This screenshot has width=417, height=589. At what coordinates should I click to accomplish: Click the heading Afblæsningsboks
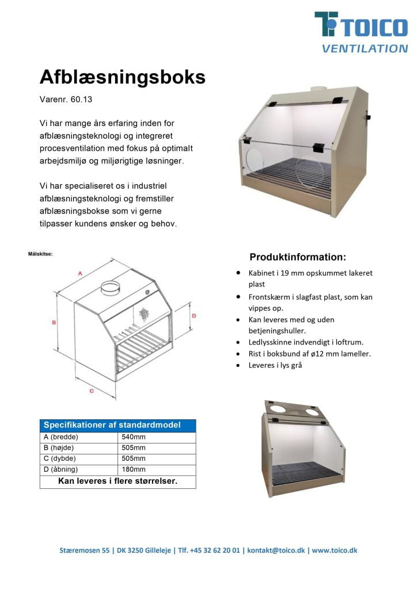click(x=122, y=78)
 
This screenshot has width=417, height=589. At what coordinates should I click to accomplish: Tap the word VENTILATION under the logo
click(x=365, y=49)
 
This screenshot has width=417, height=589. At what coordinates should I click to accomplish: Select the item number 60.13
click(x=81, y=100)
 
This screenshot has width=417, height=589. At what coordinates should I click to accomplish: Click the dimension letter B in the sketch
click(x=54, y=323)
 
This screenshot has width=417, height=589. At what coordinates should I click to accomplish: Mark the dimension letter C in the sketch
click(x=92, y=391)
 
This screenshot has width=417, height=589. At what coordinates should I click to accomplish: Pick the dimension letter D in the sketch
click(x=194, y=316)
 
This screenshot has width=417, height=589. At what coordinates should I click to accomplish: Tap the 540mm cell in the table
click(x=134, y=437)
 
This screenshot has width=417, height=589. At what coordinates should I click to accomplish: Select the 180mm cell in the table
click(x=134, y=469)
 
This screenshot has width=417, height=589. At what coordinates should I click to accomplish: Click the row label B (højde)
click(x=59, y=448)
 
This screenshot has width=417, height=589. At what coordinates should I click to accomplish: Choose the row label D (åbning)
click(x=62, y=469)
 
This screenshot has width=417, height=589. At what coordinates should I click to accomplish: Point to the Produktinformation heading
click(x=297, y=257)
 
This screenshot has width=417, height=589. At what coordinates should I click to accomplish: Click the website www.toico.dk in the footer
click(x=335, y=550)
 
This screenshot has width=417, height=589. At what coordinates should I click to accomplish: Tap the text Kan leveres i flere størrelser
click(x=117, y=481)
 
